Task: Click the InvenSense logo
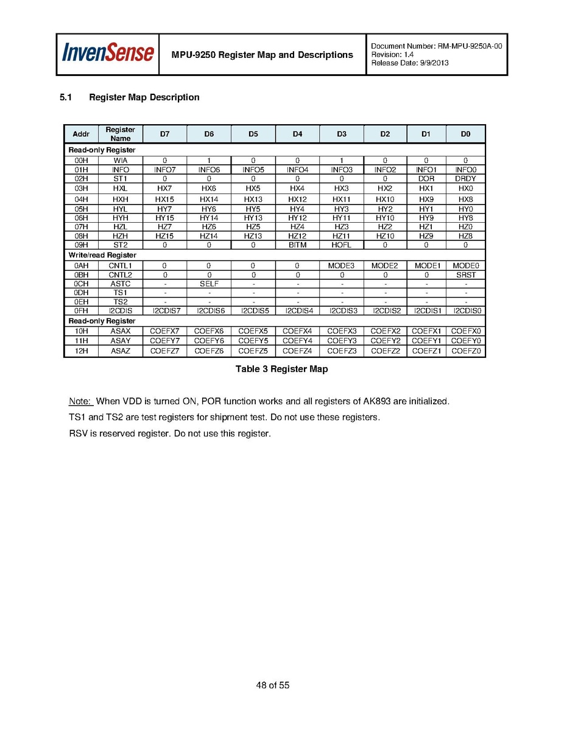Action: click(108, 54)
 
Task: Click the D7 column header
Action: click(164, 134)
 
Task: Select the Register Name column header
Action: click(120, 134)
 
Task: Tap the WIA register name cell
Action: click(120, 161)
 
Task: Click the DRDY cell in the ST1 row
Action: click(465, 179)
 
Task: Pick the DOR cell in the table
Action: click(426, 179)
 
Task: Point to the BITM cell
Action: click(297, 245)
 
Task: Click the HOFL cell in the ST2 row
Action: click(341, 245)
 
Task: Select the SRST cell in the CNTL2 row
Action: click(465, 275)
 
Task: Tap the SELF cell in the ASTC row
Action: click(209, 284)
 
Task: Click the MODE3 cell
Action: click(341, 266)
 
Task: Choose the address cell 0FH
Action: click(81, 311)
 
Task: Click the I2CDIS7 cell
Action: click(164, 311)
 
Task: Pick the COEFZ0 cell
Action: click(465, 351)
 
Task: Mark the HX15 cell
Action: click(164, 200)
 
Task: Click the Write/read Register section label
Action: click(102, 256)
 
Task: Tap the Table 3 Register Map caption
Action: click(281, 369)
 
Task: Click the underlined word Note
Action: click(79, 402)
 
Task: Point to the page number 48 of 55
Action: click(273, 685)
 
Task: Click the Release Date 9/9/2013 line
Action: click(409, 63)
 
